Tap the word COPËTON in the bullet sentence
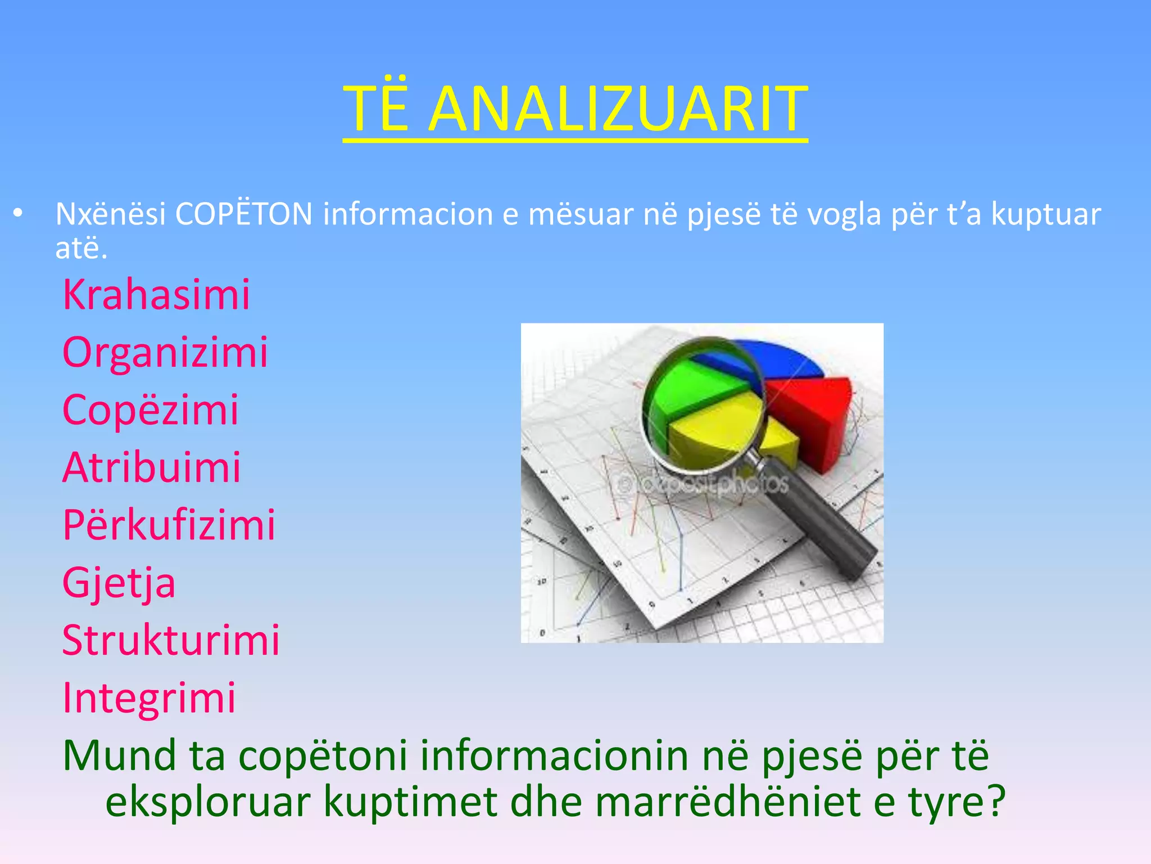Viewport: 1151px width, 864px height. pyautogui.click(x=243, y=214)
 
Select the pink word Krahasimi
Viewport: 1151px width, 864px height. pyautogui.click(x=156, y=294)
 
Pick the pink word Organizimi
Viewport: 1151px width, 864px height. pyautogui.click(x=165, y=352)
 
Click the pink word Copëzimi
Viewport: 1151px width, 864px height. pyautogui.click(x=151, y=409)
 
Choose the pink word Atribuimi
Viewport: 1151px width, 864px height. pyautogui.click(x=152, y=467)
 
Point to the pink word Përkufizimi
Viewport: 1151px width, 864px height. pyautogui.click(x=169, y=525)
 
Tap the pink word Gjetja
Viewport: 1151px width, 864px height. pyautogui.click(x=119, y=583)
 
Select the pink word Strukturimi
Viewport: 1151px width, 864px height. pyautogui.click(x=171, y=640)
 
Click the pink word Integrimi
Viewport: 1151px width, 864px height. pyautogui.click(x=149, y=698)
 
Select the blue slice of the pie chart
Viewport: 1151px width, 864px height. pyautogui.click(x=787, y=360)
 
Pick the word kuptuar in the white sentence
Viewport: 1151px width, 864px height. pyautogui.click(x=1045, y=214)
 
